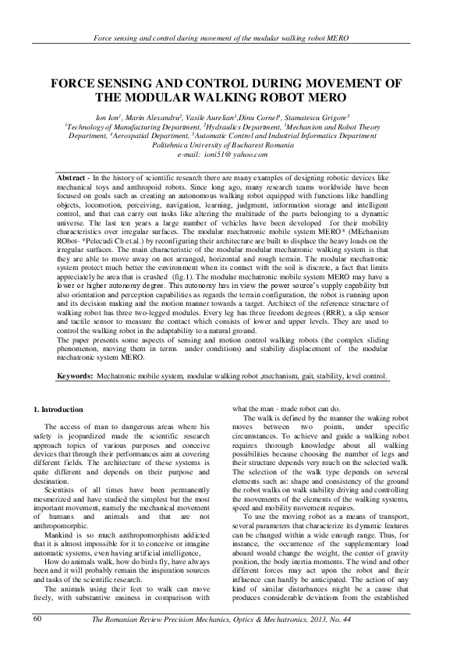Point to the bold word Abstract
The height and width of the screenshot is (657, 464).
75,179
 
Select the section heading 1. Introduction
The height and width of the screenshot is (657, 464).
63,409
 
